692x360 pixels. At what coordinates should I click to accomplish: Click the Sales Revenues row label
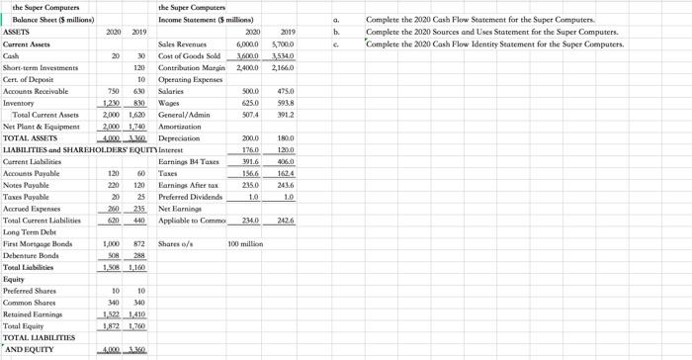point(182,45)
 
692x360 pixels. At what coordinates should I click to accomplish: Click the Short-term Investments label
point(39,68)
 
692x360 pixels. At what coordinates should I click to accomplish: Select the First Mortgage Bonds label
point(38,243)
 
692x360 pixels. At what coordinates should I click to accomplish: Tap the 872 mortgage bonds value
point(137,243)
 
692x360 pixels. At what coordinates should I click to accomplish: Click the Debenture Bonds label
point(32,255)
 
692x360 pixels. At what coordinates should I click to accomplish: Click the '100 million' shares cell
point(245,243)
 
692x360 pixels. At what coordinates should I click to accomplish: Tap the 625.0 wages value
point(247,103)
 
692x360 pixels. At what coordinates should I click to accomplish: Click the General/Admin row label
point(184,115)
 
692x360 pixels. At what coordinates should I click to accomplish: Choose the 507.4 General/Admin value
point(247,115)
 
